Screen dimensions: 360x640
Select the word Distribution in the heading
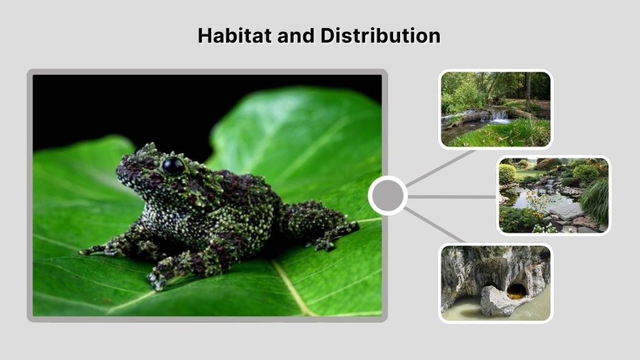(x=380, y=36)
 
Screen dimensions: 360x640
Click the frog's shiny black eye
(x=173, y=166)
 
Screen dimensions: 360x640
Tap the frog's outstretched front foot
(x=94, y=250)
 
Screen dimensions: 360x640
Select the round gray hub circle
(x=387, y=196)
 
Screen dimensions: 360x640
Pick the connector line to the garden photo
(x=453, y=196)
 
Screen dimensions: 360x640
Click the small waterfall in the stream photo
(x=499, y=116)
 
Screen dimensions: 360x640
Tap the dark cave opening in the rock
(x=516, y=291)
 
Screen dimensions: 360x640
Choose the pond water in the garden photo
(x=522, y=200)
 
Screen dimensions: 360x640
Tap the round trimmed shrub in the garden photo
(x=507, y=173)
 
